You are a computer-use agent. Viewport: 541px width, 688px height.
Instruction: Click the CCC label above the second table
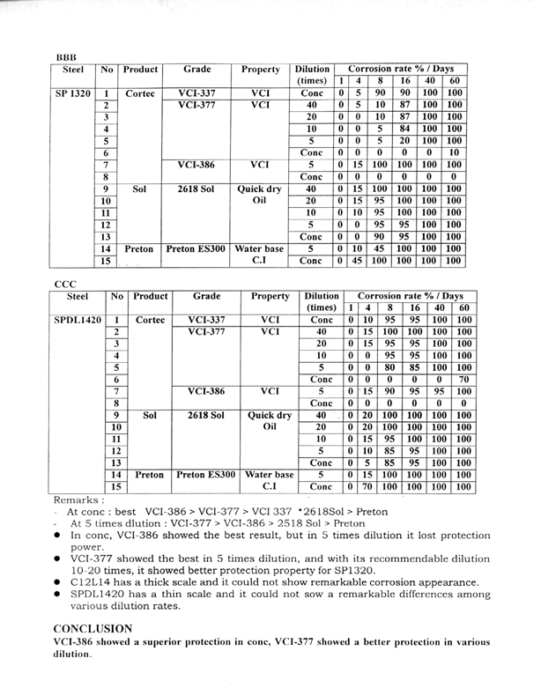point(66,284)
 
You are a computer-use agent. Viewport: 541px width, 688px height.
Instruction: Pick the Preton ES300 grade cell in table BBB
point(196,249)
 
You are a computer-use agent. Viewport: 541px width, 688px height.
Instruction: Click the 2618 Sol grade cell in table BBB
point(196,188)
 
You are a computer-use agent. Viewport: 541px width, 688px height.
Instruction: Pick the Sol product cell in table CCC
point(150,414)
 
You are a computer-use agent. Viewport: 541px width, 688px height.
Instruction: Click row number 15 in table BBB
point(105,262)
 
